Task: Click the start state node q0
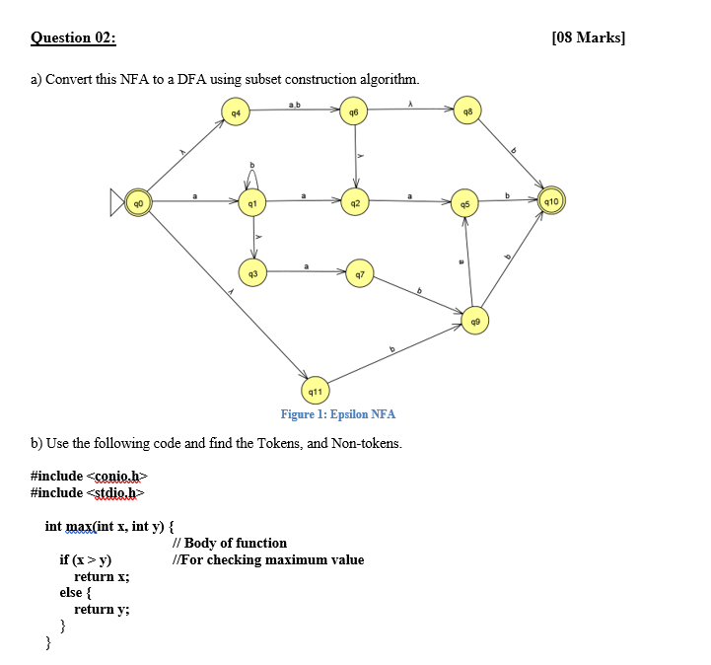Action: pyautogui.click(x=140, y=202)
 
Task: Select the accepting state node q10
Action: pyautogui.click(x=551, y=202)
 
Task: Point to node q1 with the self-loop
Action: pyautogui.click(x=253, y=202)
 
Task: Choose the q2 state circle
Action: pyautogui.click(x=354, y=202)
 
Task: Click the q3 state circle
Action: pyautogui.click(x=253, y=270)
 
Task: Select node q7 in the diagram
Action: pyautogui.click(x=358, y=273)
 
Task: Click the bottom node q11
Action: pyautogui.click(x=316, y=392)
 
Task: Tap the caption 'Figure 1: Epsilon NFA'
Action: pyautogui.click(x=337, y=414)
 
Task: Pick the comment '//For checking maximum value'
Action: pyautogui.click(x=267, y=560)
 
